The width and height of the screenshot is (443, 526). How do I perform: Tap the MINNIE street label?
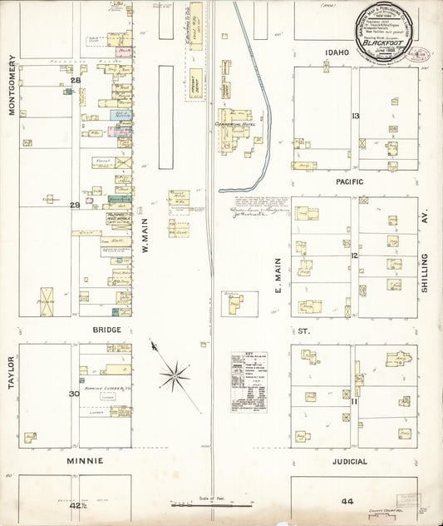point(86,460)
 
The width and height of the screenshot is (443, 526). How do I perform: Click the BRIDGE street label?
point(106,330)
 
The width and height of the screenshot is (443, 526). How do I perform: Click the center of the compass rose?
point(175,375)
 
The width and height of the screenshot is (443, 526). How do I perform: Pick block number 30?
point(74,394)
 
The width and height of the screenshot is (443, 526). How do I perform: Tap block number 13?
point(355,116)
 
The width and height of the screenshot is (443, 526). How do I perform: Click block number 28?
point(75,80)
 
